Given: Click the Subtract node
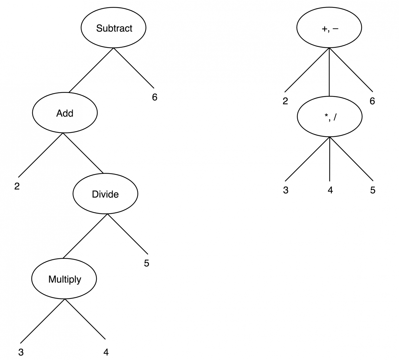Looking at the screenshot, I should pos(114,28).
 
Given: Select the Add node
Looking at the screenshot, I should pos(65,113).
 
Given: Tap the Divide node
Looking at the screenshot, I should pos(105,194).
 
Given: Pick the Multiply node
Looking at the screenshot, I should pos(65,279).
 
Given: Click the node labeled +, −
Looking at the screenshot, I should pos(329,28).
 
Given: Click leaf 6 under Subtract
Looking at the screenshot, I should pos(155,97).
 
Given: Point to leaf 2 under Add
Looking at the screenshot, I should pos(17,186).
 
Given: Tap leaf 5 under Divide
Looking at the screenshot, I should pos(147,263).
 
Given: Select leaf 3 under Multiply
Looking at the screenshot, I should pos(21,352).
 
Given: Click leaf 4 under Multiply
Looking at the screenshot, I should pos(106,352).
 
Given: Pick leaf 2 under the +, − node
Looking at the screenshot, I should pos(285,101).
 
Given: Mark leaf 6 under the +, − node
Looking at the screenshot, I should pos(372,101).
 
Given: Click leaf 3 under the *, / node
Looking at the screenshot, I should pos(286,190).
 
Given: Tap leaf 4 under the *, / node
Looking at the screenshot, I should pos(330,190).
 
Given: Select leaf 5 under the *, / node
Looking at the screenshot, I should pos(373,190).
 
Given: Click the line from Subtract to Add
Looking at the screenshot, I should pos(91,70).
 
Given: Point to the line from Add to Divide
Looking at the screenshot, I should pos(83,153).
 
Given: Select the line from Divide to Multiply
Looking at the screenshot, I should pos(85,236).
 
